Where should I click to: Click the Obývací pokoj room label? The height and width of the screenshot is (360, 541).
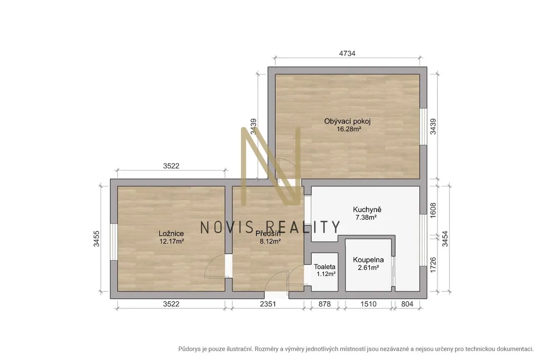coord(348,121)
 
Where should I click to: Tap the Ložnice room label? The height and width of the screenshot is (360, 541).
coord(171,233)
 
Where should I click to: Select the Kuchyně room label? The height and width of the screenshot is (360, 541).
coord(367,210)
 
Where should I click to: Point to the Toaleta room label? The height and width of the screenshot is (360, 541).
coord(325,267)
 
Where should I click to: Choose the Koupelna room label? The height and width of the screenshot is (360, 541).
coord(368,260)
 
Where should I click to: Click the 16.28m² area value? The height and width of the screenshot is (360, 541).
coord(349,129)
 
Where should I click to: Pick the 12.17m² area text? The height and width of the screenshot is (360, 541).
coord(172,241)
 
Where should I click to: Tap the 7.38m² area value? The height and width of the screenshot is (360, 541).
coord(366,217)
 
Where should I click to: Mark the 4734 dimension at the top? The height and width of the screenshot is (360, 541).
coord(347,53)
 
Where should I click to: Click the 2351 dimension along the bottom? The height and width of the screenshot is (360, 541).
coord(268,304)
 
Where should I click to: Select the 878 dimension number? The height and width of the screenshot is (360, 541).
coord(324,304)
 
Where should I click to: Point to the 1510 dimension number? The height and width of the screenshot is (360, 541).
coord(368,304)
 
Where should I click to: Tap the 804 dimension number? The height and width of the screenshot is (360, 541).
coord(407,304)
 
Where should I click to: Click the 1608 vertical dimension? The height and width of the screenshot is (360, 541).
coord(433,210)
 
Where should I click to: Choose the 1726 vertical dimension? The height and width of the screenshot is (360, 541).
coord(433,265)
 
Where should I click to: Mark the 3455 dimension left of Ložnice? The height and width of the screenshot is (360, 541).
coord(97,239)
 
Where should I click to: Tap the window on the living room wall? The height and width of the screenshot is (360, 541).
coord(423,127)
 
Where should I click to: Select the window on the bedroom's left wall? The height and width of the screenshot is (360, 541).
coord(114,242)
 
